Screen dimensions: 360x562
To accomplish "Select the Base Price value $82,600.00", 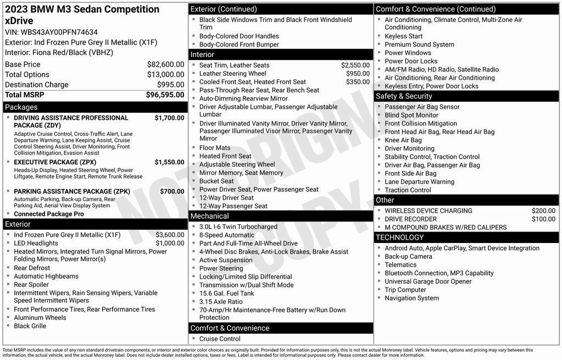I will pos(165,64).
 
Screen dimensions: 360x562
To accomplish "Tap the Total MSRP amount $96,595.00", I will pos(165,95).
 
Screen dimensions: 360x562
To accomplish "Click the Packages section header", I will pos(21,107).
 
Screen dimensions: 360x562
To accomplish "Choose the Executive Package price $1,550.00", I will pos(169,162).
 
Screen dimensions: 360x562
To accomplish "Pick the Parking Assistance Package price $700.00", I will pos(172,191).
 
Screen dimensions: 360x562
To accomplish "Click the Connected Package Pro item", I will pos(49,214).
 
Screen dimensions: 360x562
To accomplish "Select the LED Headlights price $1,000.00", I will pos(170,243).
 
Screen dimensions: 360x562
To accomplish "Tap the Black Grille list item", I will pos(30,326).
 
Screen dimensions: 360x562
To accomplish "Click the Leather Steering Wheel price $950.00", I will pos(358,74).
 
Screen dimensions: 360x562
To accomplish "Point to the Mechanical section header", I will pos(209,216).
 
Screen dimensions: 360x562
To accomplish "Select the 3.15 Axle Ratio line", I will pos(221,302).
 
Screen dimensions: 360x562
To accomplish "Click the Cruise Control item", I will pos(220,339).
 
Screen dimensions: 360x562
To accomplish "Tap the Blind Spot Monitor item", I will pos(411,115).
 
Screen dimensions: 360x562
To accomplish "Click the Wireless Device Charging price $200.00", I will pos(543,211).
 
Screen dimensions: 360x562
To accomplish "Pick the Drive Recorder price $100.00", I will pos(543,219).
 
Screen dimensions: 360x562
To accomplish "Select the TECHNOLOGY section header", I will pos(400,237).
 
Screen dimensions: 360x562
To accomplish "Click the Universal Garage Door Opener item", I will pos(428,281).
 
